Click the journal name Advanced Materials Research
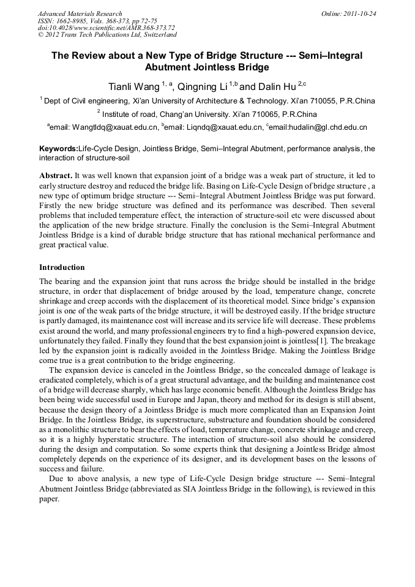(x=80, y=13)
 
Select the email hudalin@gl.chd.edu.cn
(x=319, y=127)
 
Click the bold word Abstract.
(x=56, y=175)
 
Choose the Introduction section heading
(x=62, y=267)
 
